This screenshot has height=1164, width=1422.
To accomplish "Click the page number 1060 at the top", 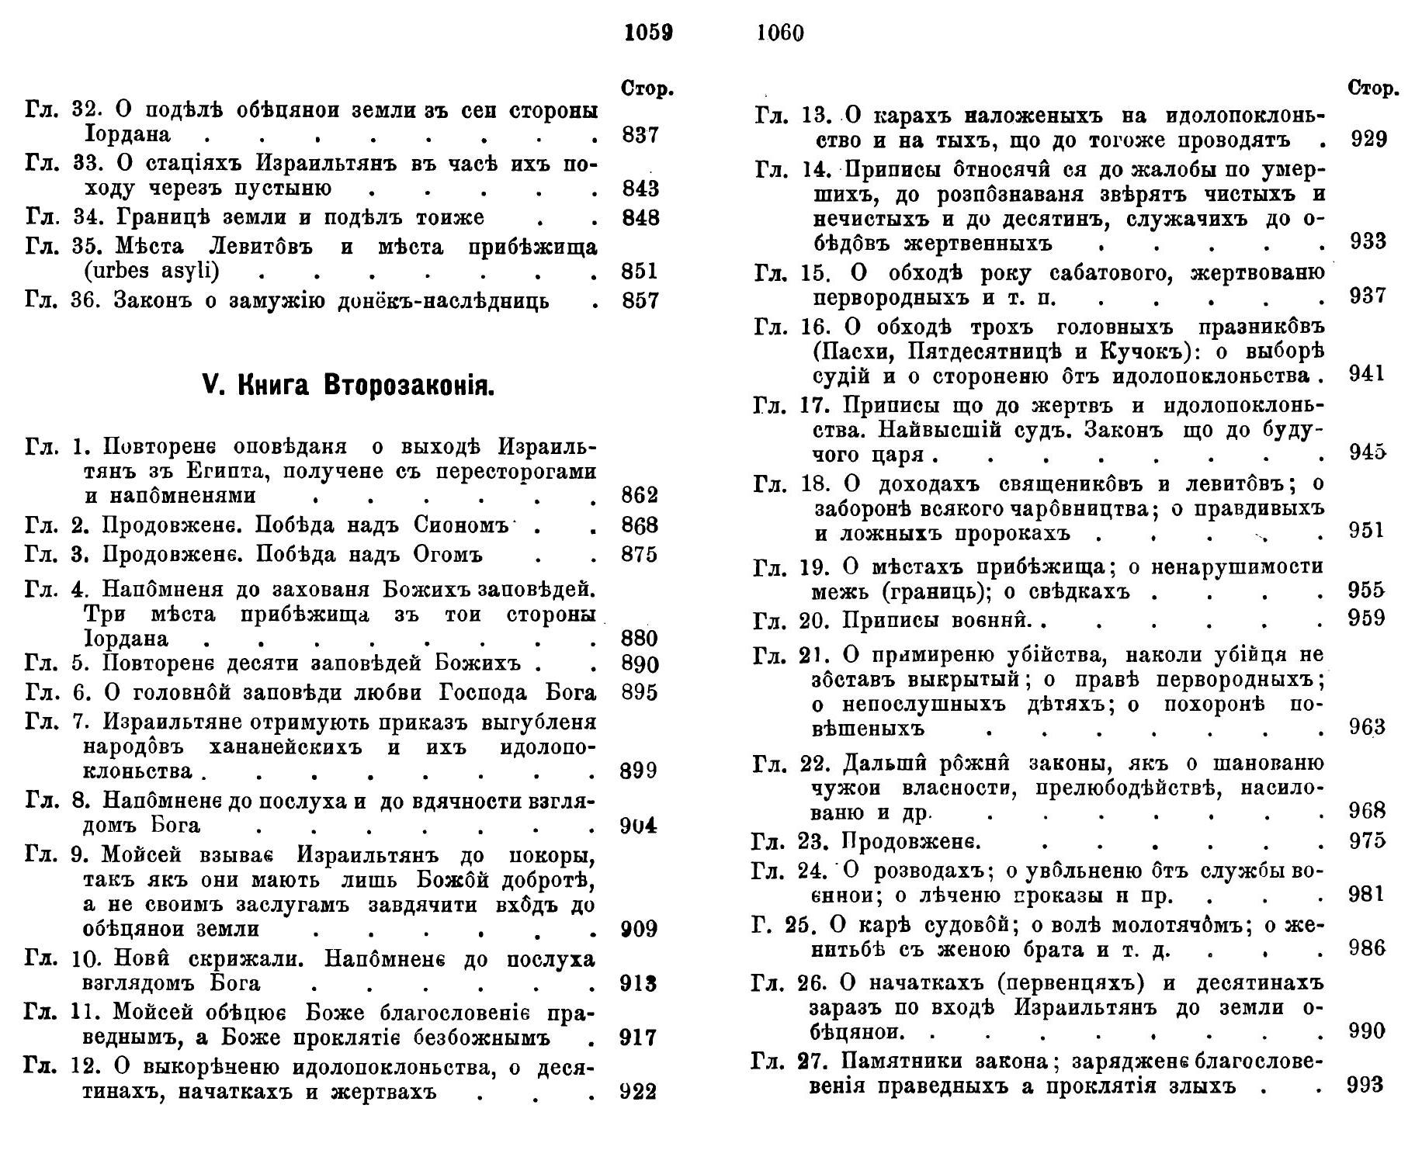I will pyautogui.click(x=779, y=33).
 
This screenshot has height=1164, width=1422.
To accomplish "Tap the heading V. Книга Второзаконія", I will pyautogui.click(x=348, y=386).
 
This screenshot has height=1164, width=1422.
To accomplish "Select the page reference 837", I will pyautogui.click(x=640, y=135).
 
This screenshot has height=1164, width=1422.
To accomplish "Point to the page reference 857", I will pyautogui.click(x=640, y=300).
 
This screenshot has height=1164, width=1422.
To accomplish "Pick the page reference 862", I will pyautogui.click(x=640, y=495).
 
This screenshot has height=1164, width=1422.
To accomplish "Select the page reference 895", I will pyautogui.click(x=640, y=692).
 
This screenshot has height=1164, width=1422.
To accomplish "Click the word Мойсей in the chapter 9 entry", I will pyautogui.click(x=141, y=856).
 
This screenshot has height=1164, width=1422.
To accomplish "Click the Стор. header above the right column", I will pyautogui.click(x=1373, y=88).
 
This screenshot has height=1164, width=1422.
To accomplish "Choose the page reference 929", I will pyautogui.click(x=1368, y=140).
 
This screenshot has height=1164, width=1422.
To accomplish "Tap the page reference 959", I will pyautogui.click(x=1368, y=618).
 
